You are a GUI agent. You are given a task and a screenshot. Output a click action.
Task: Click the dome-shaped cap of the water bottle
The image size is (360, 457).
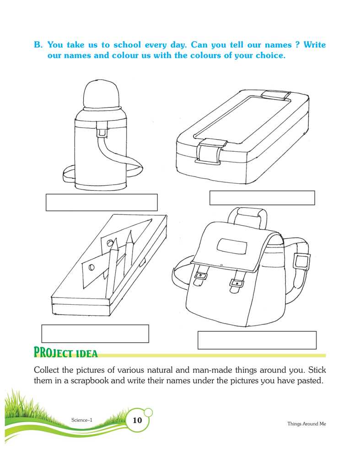point(102,94)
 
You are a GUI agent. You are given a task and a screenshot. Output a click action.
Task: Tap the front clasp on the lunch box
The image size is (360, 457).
point(210,152)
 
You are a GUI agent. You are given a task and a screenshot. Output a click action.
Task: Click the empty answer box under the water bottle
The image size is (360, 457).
point(102,202)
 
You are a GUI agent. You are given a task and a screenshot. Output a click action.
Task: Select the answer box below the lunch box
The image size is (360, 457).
point(262,198)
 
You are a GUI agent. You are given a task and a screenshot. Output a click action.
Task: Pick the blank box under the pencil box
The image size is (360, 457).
point(95,334)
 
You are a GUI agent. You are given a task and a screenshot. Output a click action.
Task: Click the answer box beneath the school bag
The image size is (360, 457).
point(257,340)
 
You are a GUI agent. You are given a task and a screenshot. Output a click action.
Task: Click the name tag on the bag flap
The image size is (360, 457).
point(232,245)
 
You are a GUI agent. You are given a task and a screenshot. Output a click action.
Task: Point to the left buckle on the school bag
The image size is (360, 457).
point(201,275)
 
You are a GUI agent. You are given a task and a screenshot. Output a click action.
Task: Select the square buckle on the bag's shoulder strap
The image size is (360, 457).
point(301,262)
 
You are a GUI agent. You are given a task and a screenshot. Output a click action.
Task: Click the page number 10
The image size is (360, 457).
point(137,420)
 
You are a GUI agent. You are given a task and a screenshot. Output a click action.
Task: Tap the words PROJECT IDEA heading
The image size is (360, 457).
point(65,352)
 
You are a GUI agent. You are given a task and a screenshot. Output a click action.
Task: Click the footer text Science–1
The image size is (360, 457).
point(82,420)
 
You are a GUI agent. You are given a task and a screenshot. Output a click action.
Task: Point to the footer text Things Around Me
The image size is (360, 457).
point(306,424)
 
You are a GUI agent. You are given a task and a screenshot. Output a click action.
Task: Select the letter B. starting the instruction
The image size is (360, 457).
point(38,45)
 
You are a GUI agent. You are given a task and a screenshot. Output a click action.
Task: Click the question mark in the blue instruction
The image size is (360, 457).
point(297,45)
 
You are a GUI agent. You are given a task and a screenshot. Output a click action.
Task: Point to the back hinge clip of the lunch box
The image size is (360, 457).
point(276,95)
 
